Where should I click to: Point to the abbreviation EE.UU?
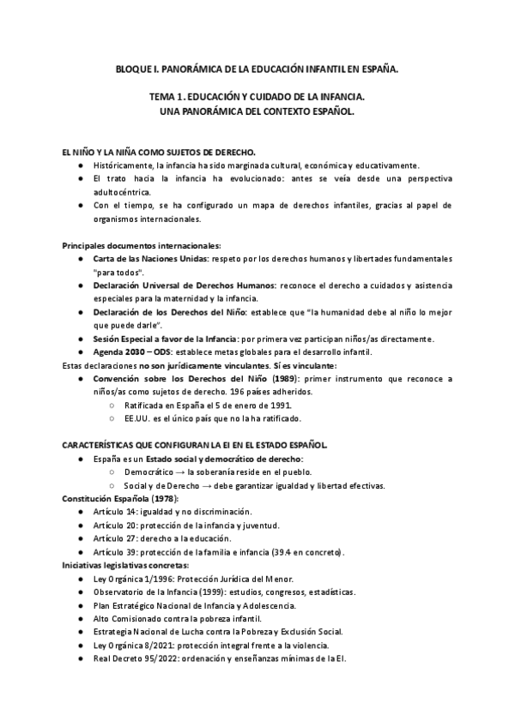coord(137,418)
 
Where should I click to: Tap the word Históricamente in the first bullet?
coord(126,165)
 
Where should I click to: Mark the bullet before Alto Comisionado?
coord(81,618)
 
